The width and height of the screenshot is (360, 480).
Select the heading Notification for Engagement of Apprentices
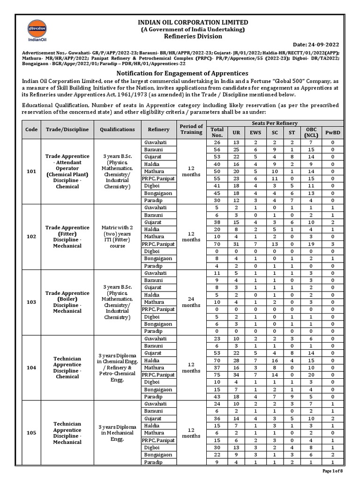coord(182,74)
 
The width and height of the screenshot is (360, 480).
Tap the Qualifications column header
coord(117,129)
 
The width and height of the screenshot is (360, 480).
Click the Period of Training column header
coord(191,129)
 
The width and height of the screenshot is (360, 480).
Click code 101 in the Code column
coord(31,171)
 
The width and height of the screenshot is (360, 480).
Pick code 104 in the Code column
coord(31,368)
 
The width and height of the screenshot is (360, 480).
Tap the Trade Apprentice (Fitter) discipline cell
coord(67,236)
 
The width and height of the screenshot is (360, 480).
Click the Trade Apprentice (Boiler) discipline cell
coord(67,302)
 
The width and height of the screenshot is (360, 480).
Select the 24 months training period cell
coord(191,302)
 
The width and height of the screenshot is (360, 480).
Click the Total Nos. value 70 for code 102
coord(217,243)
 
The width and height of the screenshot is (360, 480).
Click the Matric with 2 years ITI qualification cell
coord(117,236)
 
